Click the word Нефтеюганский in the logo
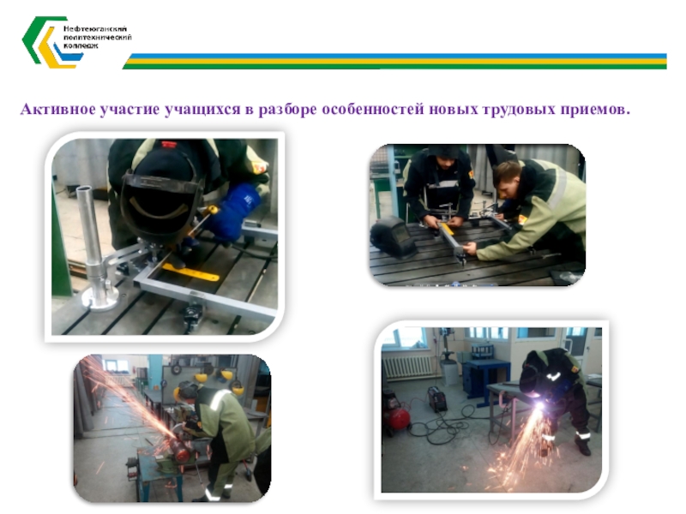95,29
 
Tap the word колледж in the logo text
81,46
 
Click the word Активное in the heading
57,110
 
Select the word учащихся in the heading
202,110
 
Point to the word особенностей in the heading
373,110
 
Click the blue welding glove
233,212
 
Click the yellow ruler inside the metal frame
190,272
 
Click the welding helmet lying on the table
394,236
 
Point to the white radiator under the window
410,367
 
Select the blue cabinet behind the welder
486,377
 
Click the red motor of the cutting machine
179,451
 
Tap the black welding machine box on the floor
437,397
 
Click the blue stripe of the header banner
397,56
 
